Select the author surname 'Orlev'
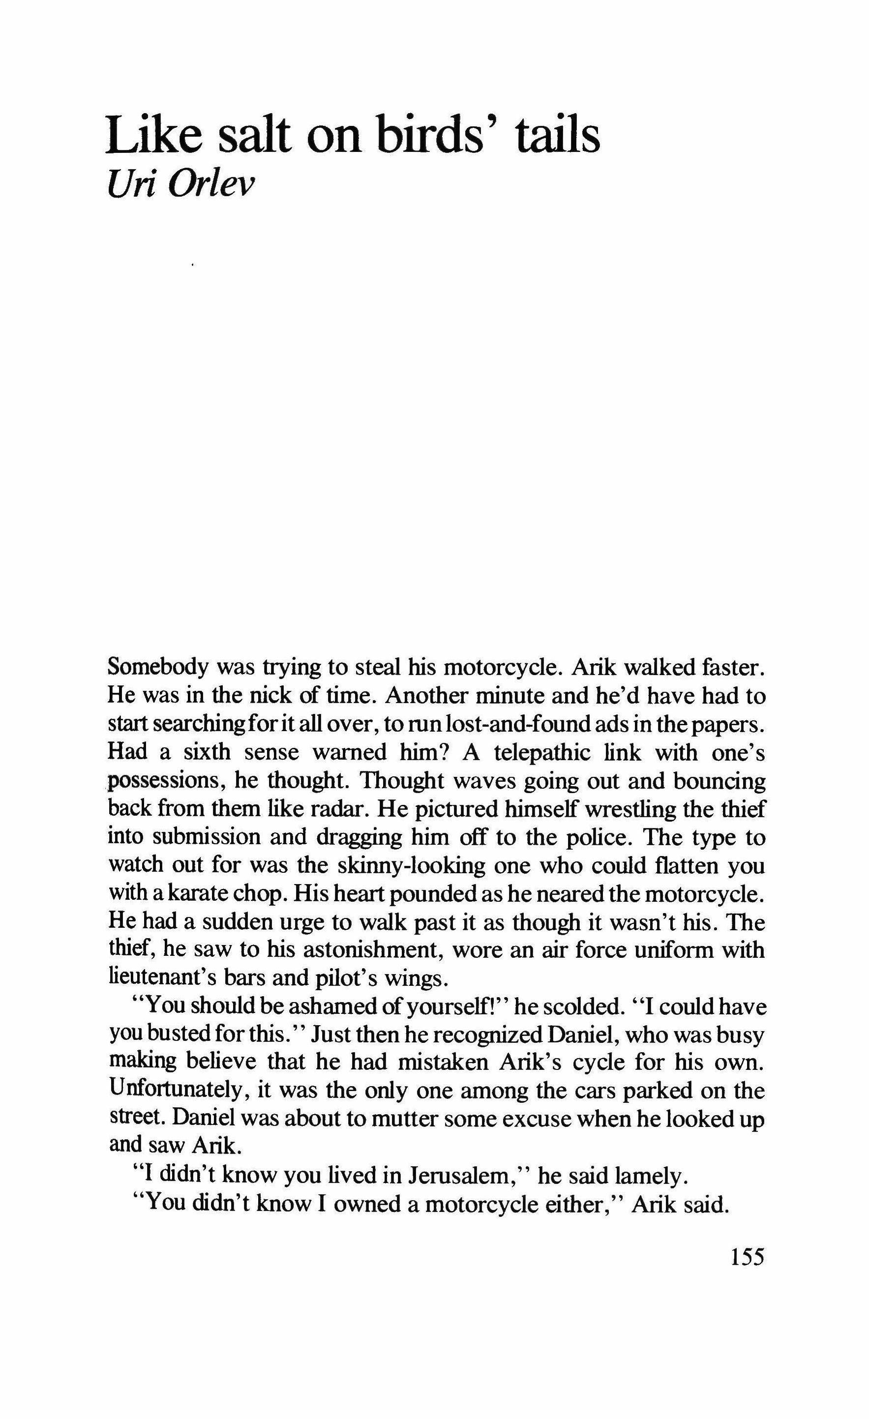(x=210, y=185)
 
